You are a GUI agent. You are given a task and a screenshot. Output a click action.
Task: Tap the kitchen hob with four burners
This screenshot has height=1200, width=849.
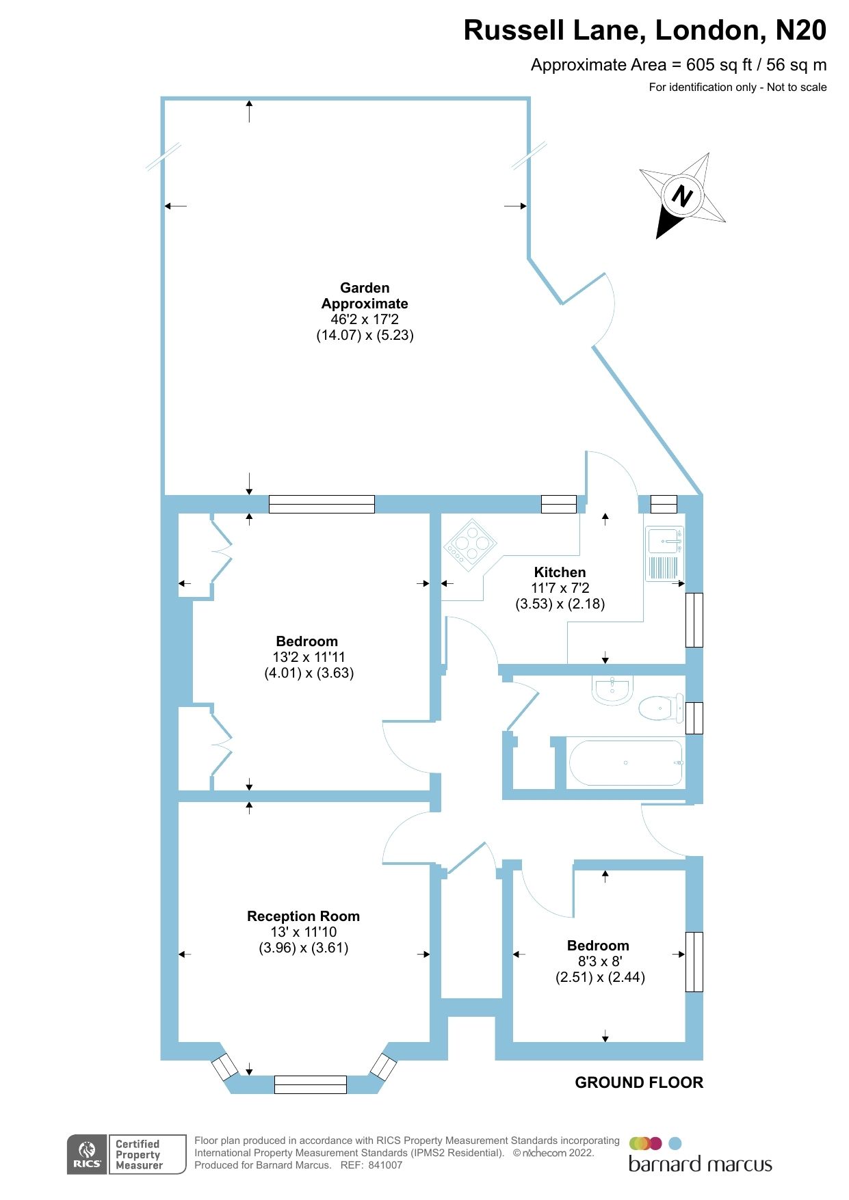470,544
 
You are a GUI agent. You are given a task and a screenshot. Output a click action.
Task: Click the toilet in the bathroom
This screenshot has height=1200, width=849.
660,708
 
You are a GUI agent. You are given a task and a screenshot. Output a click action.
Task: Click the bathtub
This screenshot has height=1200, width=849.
625,762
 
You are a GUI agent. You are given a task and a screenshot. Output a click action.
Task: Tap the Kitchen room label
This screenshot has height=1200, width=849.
560,572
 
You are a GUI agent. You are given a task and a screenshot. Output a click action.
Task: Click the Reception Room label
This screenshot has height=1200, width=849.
303,916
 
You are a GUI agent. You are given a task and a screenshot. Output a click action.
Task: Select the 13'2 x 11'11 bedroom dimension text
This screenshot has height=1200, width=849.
309,657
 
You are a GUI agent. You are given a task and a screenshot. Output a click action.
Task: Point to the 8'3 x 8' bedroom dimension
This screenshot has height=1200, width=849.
599,961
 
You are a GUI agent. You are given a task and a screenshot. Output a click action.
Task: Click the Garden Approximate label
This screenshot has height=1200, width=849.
365,295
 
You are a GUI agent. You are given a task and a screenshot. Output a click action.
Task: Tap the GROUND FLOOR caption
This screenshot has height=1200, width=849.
638,1082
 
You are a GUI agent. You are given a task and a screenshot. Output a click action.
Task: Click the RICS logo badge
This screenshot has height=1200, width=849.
87,1154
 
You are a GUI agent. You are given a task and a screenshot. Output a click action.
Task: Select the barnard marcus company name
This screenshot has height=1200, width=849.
700,1164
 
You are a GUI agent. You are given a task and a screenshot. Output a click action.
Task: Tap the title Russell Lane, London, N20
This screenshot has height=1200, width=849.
644,31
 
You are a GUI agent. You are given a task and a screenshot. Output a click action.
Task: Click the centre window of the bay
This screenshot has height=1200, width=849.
310,1084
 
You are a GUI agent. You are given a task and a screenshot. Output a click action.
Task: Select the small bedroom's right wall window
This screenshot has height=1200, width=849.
694,961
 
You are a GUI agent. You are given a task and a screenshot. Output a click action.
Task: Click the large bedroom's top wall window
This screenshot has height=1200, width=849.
322,504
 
